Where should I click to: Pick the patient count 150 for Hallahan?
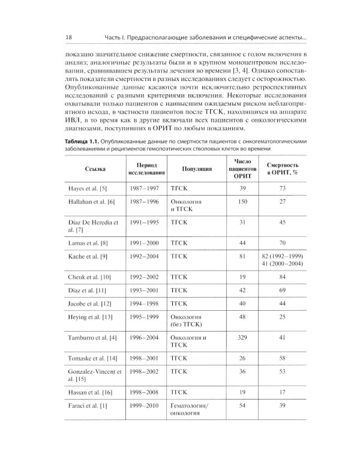[243, 202]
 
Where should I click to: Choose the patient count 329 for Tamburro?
[243, 337]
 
